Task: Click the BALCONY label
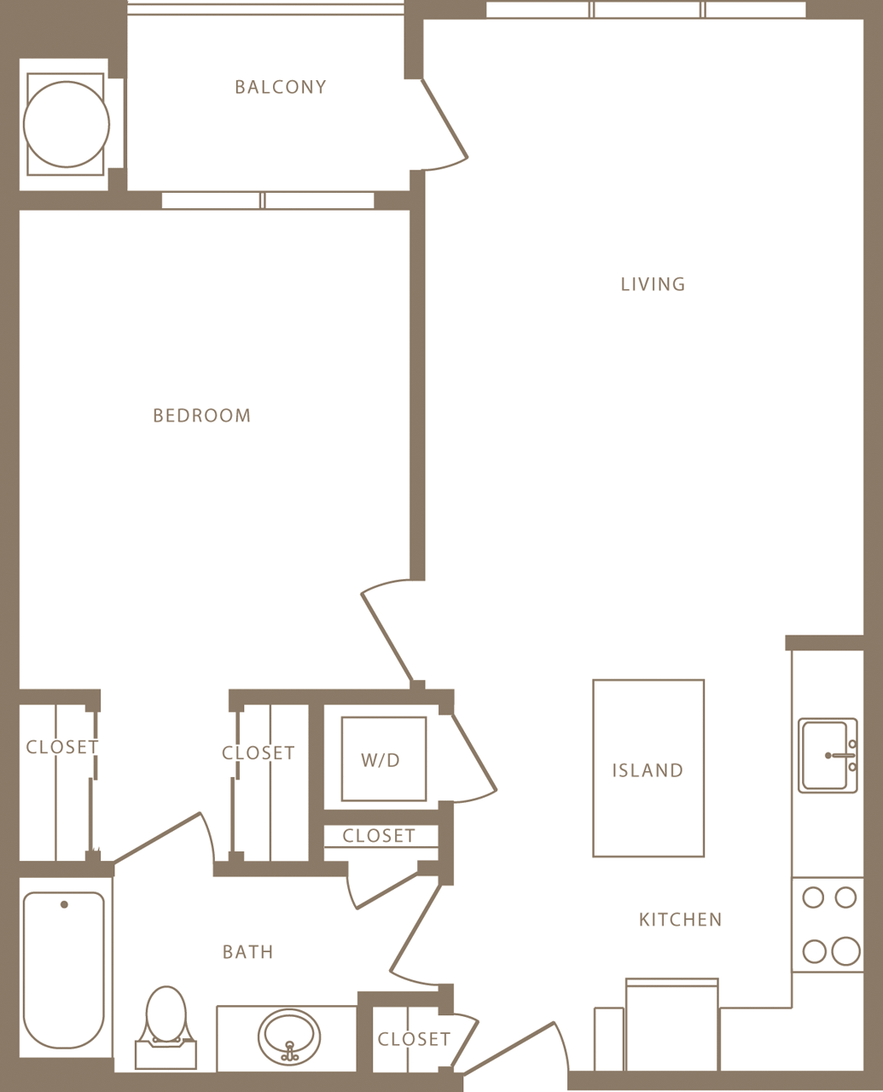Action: (x=280, y=87)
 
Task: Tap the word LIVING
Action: (x=653, y=284)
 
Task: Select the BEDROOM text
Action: (x=201, y=415)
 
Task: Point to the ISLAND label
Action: (x=648, y=770)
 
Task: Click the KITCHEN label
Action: (x=680, y=920)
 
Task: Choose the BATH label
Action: (x=247, y=952)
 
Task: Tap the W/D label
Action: (x=381, y=760)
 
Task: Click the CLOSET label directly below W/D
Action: (x=379, y=836)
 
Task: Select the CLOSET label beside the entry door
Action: (x=414, y=1039)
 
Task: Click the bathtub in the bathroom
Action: (x=64, y=970)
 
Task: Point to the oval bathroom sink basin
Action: (x=289, y=1035)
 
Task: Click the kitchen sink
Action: (x=827, y=755)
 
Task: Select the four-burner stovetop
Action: (x=828, y=925)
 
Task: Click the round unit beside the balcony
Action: (x=66, y=125)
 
